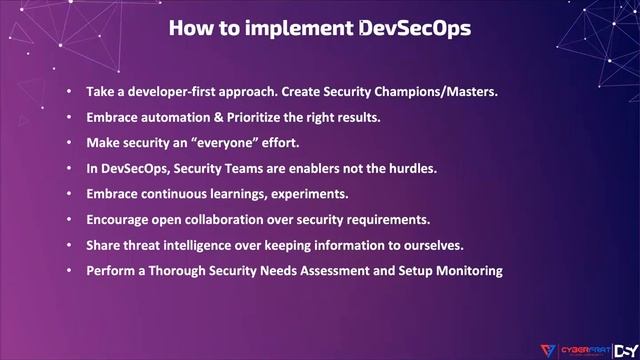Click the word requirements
tap(389, 218)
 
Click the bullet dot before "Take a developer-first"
tap(69, 92)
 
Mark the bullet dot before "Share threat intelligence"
tap(69, 244)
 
